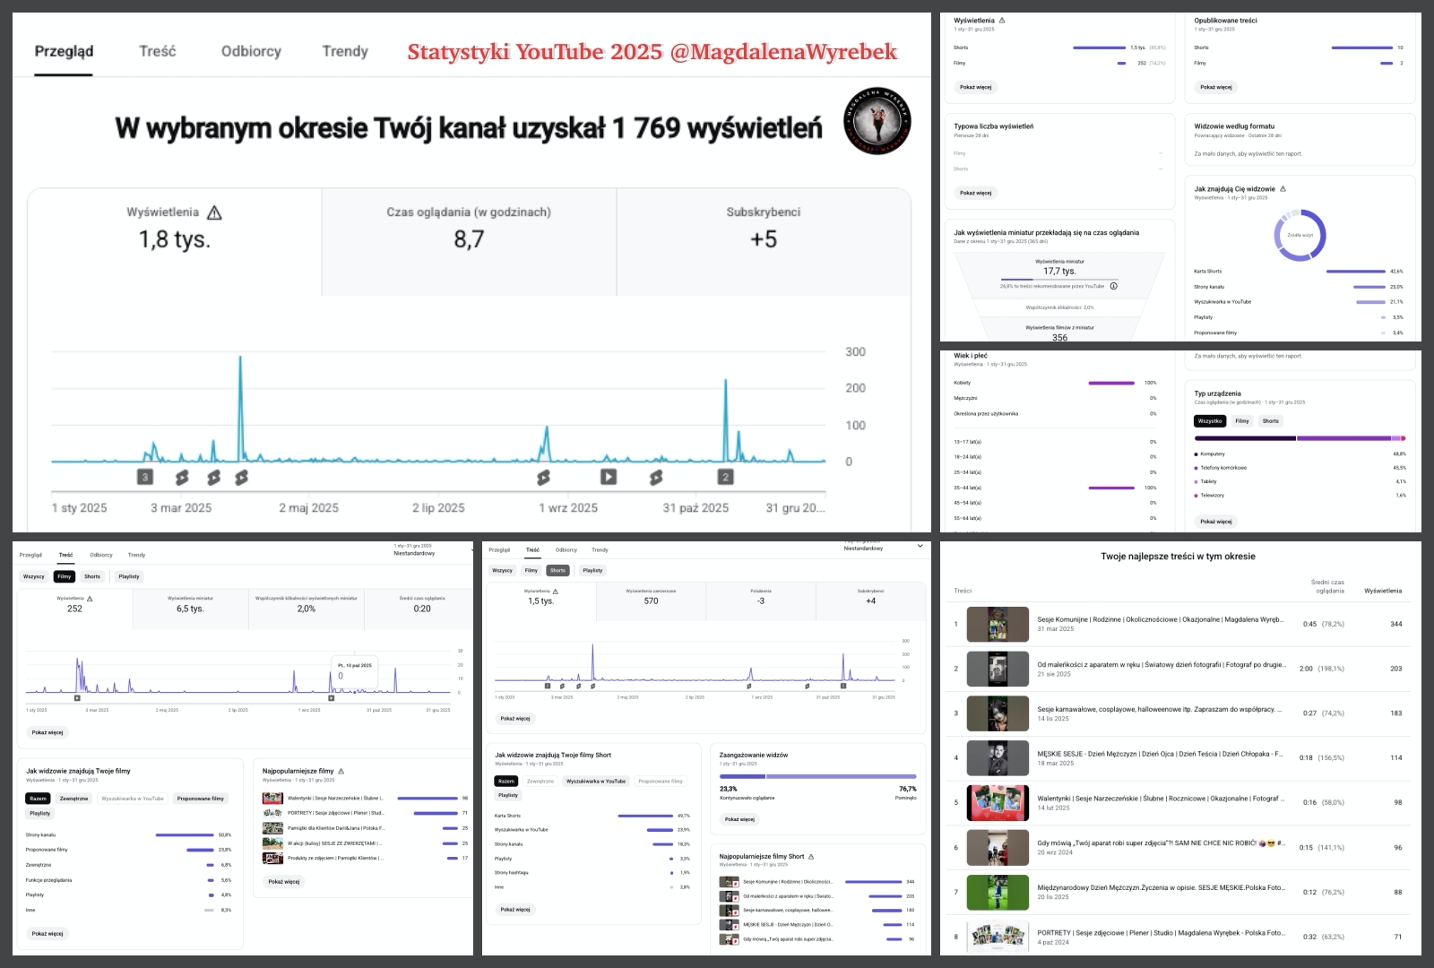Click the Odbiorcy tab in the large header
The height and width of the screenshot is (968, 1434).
click(x=251, y=51)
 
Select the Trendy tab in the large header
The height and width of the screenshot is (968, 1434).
click(x=345, y=51)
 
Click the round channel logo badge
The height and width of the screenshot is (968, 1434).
click(x=877, y=121)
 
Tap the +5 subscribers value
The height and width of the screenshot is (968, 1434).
click(x=764, y=239)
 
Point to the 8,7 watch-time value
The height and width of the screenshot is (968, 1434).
click(x=469, y=239)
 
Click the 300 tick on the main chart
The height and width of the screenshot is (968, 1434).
click(x=855, y=352)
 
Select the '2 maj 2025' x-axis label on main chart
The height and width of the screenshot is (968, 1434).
click(x=308, y=508)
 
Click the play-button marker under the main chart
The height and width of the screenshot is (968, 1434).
click(x=609, y=477)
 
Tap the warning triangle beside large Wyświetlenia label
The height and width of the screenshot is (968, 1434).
click(x=214, y=212)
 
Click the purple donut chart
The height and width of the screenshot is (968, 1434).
click(x=1300, y=236)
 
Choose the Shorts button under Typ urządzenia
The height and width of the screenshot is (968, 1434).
click(x=1270, y=421)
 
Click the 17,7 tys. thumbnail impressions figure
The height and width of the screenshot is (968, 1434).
click(x=1059, y=271)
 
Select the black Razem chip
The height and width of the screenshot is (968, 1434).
click(x=38, y=799)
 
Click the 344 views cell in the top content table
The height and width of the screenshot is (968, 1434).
click(x=1395, y=624)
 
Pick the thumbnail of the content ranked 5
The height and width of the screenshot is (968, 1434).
click(x=998, y=803)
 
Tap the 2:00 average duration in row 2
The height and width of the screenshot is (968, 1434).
click(x=1306, y=669)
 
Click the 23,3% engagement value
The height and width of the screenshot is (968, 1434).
click(x=729, y=789)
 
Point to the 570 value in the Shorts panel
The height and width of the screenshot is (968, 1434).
click(x=651, y=601)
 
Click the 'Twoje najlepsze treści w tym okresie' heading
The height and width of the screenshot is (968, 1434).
click(x=1178, y=557)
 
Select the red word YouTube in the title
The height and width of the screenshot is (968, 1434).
click(x=559, y=52)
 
